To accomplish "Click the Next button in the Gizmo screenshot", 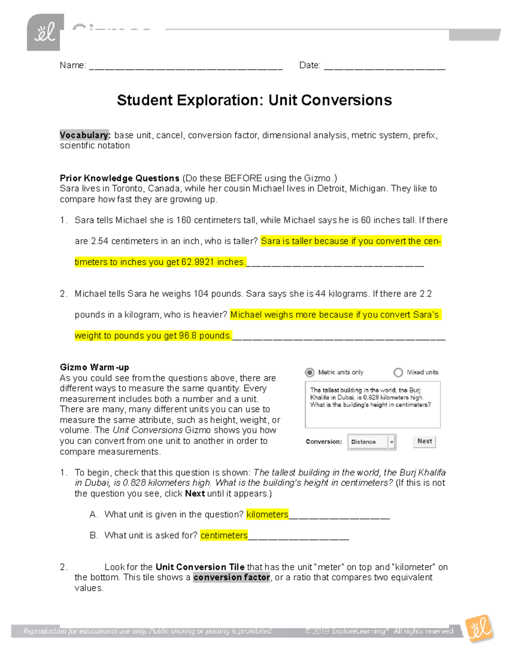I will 424,441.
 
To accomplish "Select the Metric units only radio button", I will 310,372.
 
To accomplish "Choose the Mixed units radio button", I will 398,372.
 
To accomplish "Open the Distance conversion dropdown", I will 372,442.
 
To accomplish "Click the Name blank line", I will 186,66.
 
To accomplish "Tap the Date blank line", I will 384,66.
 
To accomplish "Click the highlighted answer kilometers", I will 267,514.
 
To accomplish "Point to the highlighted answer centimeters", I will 224,536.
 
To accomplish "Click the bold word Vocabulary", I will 85,135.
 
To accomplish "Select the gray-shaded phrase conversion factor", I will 232,577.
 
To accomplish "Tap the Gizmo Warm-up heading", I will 94,367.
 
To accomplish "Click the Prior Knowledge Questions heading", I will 120,178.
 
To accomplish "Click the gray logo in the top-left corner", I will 45,33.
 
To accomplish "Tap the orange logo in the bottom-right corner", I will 479,628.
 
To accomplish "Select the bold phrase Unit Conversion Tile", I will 200,567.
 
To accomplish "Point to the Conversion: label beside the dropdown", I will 324,441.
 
